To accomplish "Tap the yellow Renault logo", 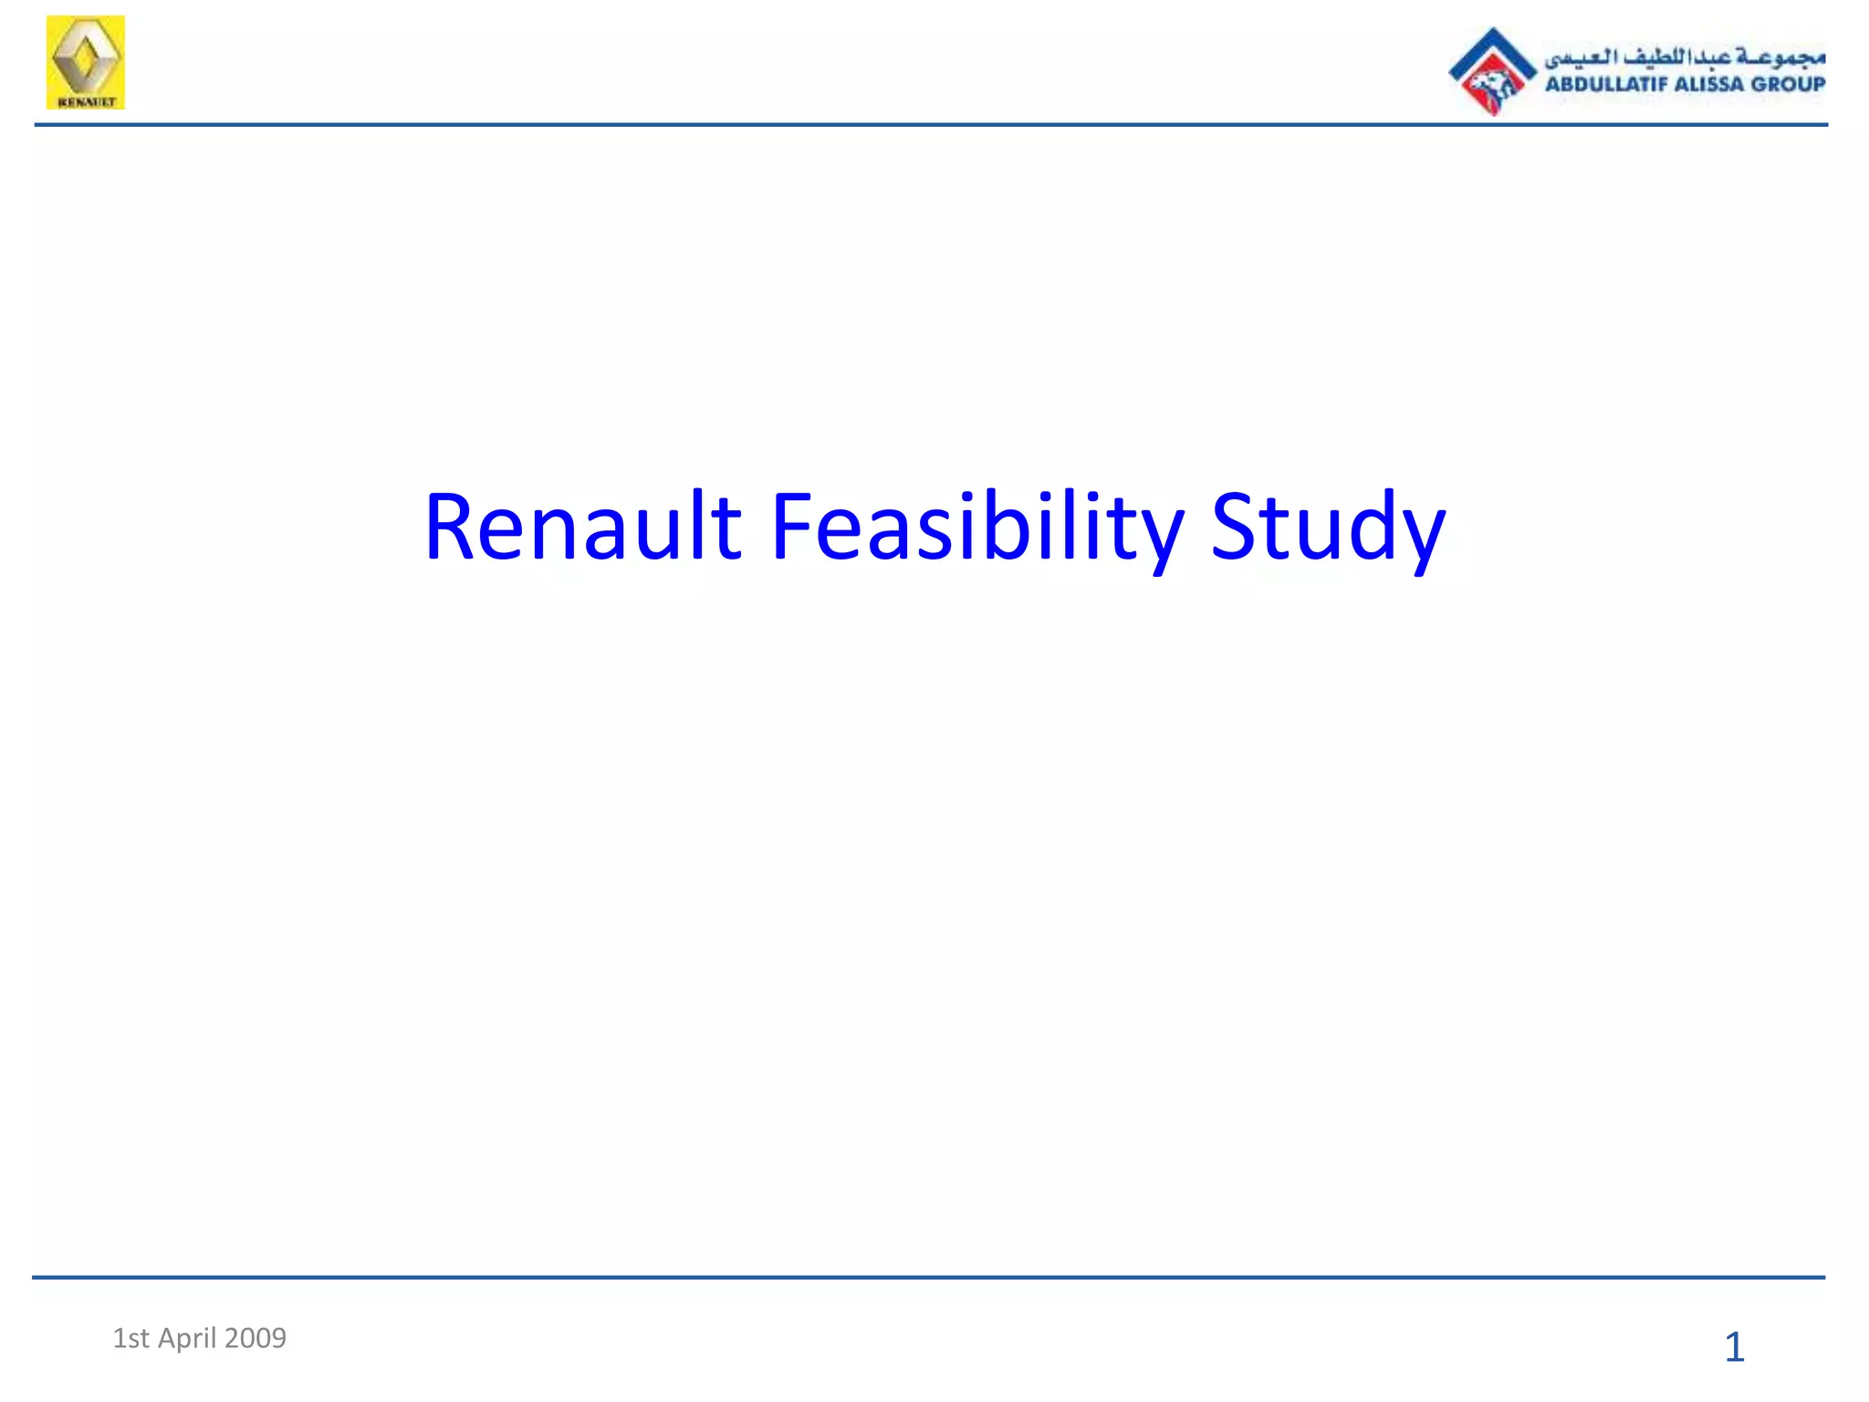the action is point(86,62).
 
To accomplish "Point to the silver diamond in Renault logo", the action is point(86,57).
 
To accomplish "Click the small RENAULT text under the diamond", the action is point(86,101).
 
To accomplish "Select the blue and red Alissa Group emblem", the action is point(1492,71).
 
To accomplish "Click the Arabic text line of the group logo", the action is point(1684,57).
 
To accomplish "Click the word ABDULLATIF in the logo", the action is point(1605,84).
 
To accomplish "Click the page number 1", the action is point(1734,1347).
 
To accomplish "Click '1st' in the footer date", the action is point(131,1338).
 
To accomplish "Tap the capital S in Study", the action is point(1232,527).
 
